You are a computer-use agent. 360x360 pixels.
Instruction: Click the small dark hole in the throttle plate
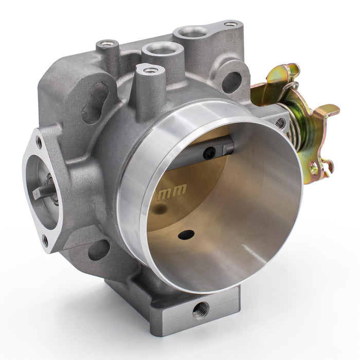tap(186, 235)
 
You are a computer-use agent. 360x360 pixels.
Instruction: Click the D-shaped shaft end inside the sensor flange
tap(44, 191)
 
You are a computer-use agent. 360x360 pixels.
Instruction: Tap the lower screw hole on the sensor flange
tap(45, 240)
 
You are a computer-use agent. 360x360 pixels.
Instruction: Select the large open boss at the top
tap(193, 32)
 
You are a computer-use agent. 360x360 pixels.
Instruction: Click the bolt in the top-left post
tap(107, 44)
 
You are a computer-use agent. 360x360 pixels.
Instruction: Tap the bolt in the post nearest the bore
tap(150, 70)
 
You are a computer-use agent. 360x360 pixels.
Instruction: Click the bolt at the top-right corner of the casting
tap(231, 24)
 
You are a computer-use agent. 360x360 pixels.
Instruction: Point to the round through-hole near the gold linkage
tap(231, 81)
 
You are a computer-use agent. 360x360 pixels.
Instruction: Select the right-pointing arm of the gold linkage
tap(327, 110)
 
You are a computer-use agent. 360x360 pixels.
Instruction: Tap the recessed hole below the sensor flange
tap(99, 249)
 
